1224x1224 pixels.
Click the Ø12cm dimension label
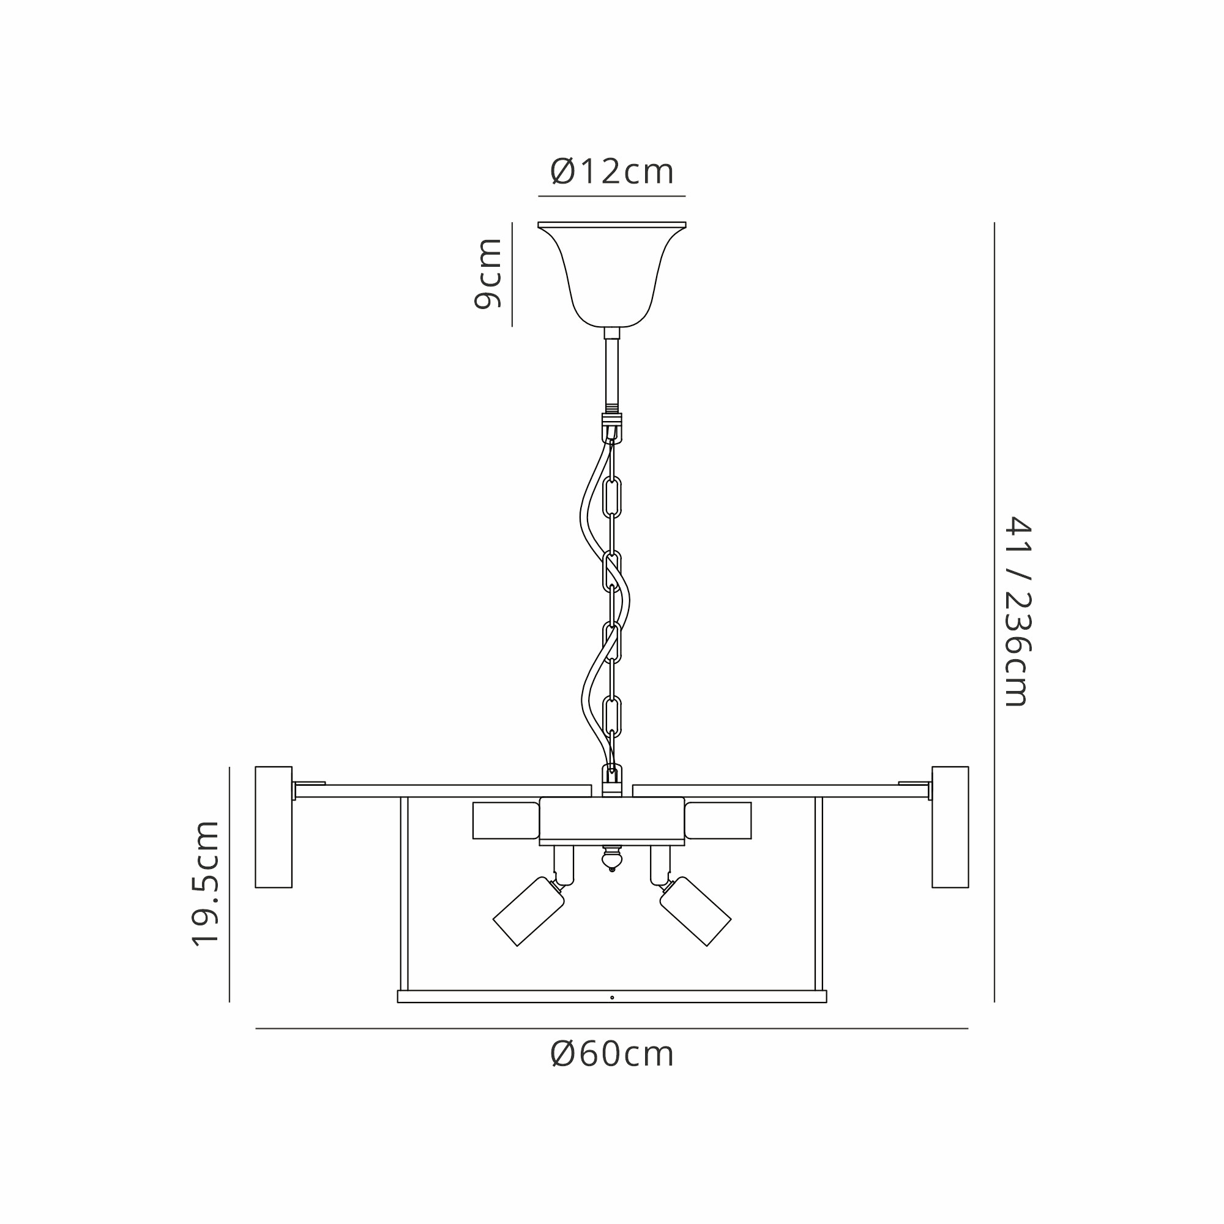coord(612,172)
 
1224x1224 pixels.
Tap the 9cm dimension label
coord(488,274)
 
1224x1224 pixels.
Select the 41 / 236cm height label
coord(1018,611)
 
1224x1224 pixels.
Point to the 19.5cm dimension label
coord(206,884)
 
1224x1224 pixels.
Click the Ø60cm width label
coord(612,1054)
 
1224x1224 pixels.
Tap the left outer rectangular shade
coord(274,827)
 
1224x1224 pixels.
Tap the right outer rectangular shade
coord(950,827)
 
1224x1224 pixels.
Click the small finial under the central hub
coord(612,860)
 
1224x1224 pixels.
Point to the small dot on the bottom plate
coord(612,997)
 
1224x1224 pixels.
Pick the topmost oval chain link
coord(612,498)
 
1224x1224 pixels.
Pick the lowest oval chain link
coord(612,716)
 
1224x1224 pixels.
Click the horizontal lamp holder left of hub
coord(506,821)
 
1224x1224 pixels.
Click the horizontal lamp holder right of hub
coord(718,821)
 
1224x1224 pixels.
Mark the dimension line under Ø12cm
coord(612,196)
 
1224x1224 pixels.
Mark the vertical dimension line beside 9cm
coord(512,274)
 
